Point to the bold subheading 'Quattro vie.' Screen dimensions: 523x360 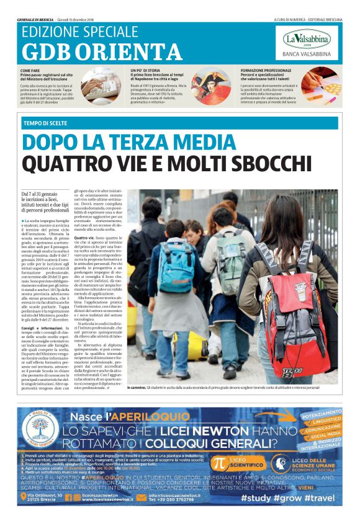84,237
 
